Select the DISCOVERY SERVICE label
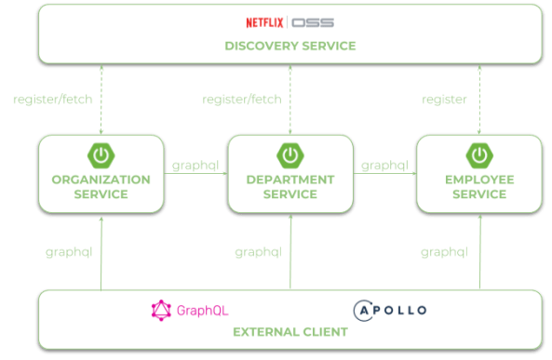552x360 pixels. click(289, 46)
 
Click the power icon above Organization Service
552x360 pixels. click(101, 154)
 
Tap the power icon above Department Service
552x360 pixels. click(289, 154)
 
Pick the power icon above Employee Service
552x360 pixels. click(479, 154)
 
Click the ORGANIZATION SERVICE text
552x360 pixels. click(101, 187)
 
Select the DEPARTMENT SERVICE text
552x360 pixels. click(290, 187)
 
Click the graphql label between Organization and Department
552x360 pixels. click(195, 167)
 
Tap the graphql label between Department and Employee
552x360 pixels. click(384, 167)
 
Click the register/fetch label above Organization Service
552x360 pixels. click(53, 100)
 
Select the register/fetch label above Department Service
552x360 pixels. click(242, 100)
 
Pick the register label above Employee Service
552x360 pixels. click(444, 100)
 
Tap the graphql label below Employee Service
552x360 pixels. click(444, 251)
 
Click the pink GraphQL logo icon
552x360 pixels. click(162, 310)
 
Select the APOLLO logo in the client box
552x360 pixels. click(389, 310)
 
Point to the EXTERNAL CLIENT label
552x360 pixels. click(289, 332)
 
